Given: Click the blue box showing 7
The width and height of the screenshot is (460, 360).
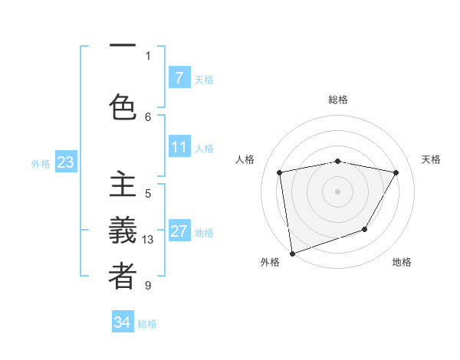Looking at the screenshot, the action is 179,78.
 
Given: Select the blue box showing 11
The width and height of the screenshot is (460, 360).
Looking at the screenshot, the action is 179,147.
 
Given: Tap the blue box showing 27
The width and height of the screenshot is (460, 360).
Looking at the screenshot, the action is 179,231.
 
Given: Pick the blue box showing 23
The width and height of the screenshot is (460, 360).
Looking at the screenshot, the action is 65,162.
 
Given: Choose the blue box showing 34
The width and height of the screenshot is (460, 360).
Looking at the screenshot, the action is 122,322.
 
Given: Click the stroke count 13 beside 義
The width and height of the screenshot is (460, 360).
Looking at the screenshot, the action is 148,240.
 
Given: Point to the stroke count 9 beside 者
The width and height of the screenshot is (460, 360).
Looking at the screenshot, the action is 148,286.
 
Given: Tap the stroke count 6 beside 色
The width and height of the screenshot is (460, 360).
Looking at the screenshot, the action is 148,116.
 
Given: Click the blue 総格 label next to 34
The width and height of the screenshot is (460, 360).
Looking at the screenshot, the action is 147,324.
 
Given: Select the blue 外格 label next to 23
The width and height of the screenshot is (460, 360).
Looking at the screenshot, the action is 41,164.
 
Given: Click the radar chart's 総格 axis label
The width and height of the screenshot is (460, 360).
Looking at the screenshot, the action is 337,100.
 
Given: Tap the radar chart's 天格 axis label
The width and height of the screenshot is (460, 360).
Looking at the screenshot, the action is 432,159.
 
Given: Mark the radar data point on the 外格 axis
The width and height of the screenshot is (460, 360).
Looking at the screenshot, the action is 291,253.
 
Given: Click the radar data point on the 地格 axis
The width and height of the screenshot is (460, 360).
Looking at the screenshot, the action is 365,229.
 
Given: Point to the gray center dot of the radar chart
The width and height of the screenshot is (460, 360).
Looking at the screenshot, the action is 337,190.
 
